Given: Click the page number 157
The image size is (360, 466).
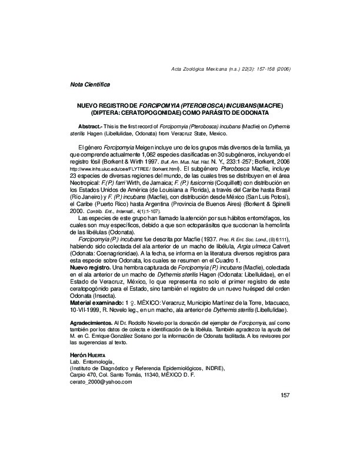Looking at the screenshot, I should pyautogui.click(x=286, y=395).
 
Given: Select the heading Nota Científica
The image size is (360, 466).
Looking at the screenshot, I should pyautogui.click(x=89, y=85).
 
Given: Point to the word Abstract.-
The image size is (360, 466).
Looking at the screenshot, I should pyautogui.click(x=90, y=127).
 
